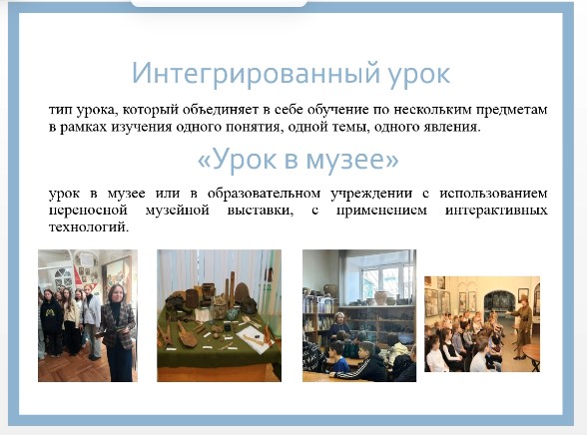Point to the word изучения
pos(141,127)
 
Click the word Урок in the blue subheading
pos(243,159)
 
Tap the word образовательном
pos(264,194)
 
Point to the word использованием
pos(493,194)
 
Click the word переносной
pos(88,211)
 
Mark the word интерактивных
pos(496,211)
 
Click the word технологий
pos(89,227)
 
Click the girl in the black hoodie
pos(51,322)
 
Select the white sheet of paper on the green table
pos(254,339)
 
